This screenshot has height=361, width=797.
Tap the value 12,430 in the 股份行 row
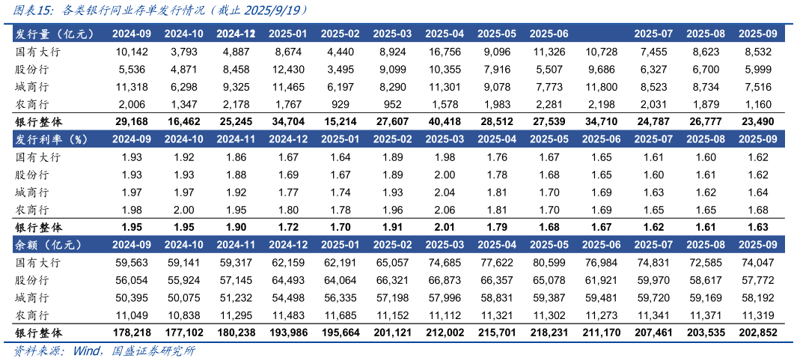[289, 69]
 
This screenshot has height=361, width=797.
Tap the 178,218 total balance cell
[132, 333]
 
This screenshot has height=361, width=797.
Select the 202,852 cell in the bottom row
[757, 333]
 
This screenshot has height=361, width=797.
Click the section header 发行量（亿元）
[53, 34]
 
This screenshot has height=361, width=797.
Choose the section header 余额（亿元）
[48, 245]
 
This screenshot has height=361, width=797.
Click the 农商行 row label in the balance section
[32, 315]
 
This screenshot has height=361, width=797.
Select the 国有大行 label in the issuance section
[37, 52]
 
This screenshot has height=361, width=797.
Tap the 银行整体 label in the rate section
[38, 227]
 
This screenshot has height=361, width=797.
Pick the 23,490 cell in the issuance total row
[757, 121]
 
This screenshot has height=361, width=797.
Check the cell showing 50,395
[132, 297]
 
